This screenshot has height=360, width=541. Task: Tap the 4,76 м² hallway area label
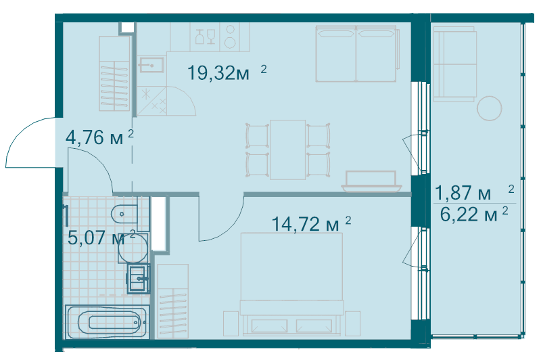[x=99, y=137]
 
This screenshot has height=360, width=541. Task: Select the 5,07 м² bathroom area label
[x=101, y=238]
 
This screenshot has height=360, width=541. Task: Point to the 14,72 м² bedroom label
[x=311, y=224]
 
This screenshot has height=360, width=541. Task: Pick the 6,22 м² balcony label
[x=474, y=215]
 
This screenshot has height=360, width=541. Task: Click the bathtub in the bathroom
[x=107, y=322]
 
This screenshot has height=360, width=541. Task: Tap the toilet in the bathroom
[x=124, y=214]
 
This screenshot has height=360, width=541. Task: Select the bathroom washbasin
[x=139, y=279]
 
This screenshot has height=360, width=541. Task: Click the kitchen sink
[x=151, y=65]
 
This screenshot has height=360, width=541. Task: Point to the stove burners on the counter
[x=230, y=37]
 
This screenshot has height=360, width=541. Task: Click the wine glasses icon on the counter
[x=206, y=37]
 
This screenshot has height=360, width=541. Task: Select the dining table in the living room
[x=288, y=150]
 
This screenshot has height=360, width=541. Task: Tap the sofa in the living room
[x=357, y=53]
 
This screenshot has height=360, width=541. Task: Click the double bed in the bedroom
[x=291, y=284]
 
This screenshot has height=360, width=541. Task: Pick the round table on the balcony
[x=489, y=108]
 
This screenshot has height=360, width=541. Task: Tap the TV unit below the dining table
[x=371, y=181]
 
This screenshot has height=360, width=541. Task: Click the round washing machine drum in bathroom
[x=133, y=248]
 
